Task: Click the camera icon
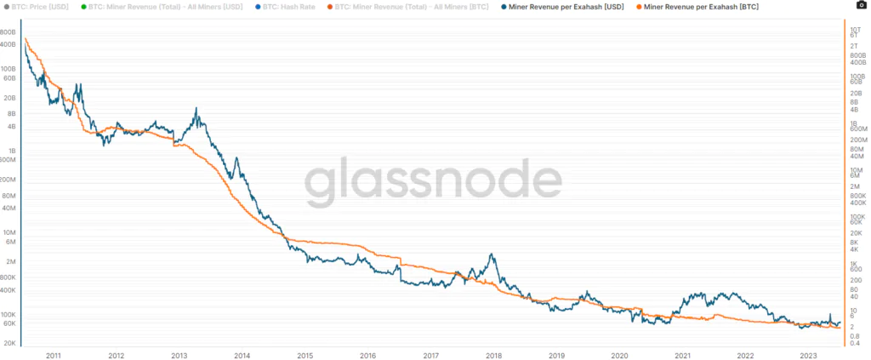862,5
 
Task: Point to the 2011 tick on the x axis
54,356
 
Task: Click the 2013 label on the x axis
179,356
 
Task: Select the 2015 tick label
305,356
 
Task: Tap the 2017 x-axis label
430,356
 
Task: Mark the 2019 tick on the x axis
556,356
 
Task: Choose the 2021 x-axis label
682,356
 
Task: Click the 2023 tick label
808,356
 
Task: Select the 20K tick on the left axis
11,342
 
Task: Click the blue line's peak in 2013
196,109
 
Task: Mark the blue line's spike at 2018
491,254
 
